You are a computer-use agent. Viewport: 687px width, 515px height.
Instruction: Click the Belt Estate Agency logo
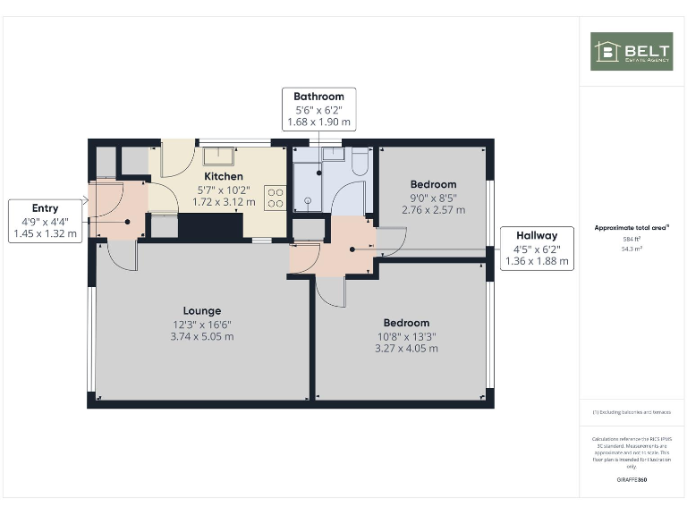[x=631, y=51]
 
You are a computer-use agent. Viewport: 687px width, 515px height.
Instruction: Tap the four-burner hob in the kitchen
[x=274, y=197]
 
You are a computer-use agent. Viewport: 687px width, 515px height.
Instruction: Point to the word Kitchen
[x=224, y=177]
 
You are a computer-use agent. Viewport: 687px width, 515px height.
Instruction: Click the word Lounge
[x=203, y=310]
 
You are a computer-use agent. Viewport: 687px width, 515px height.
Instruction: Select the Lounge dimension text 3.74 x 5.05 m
[x=203, y=336]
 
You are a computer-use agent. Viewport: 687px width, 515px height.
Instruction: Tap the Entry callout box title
[x=45, y=208]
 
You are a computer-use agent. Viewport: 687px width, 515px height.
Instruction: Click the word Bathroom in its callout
[x=318, y=97]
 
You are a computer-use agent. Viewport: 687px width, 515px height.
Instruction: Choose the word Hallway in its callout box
[x=536, y=236]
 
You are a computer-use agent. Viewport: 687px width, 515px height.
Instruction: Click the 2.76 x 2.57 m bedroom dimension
[x=433, y=210]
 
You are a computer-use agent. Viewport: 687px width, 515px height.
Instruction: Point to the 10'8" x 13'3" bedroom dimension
[x=406, y=336]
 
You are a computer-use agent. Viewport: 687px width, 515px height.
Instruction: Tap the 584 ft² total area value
[x=632, y=240]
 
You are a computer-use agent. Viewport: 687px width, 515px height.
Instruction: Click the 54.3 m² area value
[x=632, y=249]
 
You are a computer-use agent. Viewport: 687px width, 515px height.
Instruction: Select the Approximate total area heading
[x=632, y=228]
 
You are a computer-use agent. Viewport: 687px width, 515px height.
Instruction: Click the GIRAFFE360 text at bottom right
[x=632, y=481]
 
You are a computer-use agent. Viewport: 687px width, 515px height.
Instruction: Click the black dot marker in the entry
[x=127, y=222]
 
